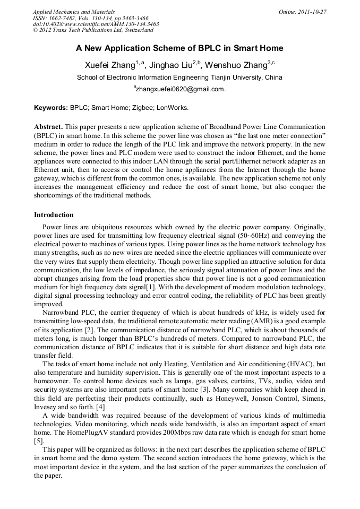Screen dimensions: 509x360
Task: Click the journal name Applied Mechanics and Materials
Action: (67, 11)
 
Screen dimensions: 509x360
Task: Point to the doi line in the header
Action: (96, 24)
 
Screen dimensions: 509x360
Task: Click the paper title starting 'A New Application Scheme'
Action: (179, 48)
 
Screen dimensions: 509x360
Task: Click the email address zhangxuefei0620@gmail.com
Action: (181, 89)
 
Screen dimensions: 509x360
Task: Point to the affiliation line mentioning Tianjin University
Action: (179, 77)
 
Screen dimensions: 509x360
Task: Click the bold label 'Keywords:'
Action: (51, 107)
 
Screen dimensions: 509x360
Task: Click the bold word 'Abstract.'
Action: (49, 127)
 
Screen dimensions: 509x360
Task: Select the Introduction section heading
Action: (54, 215)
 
